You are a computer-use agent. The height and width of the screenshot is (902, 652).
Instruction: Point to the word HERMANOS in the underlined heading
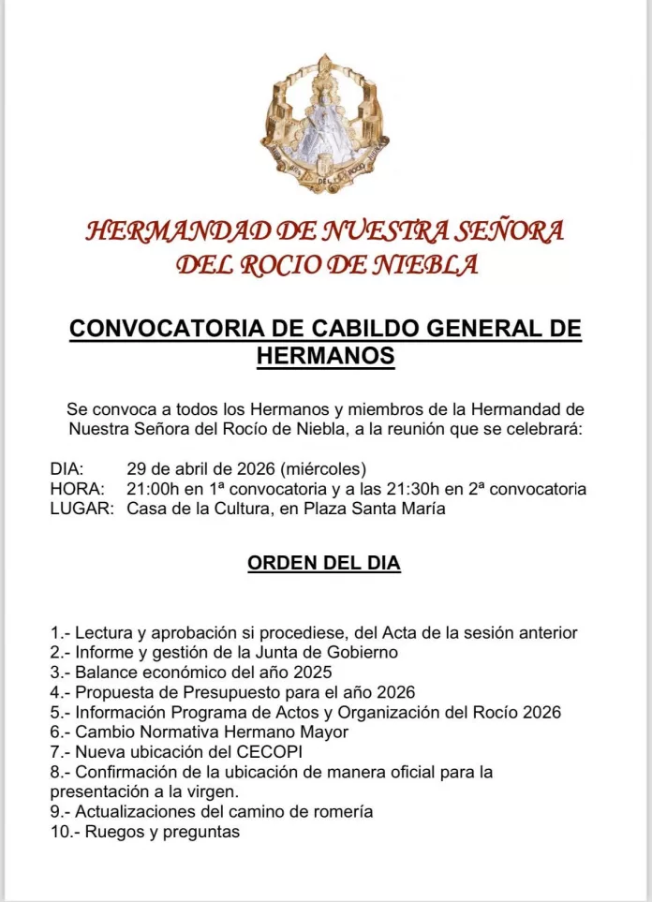[325, 356]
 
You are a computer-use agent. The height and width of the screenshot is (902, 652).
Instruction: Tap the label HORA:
[74, 489]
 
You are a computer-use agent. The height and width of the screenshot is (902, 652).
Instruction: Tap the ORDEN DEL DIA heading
[324, 564]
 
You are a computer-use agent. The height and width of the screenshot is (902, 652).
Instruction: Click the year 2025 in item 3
[312, 672]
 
